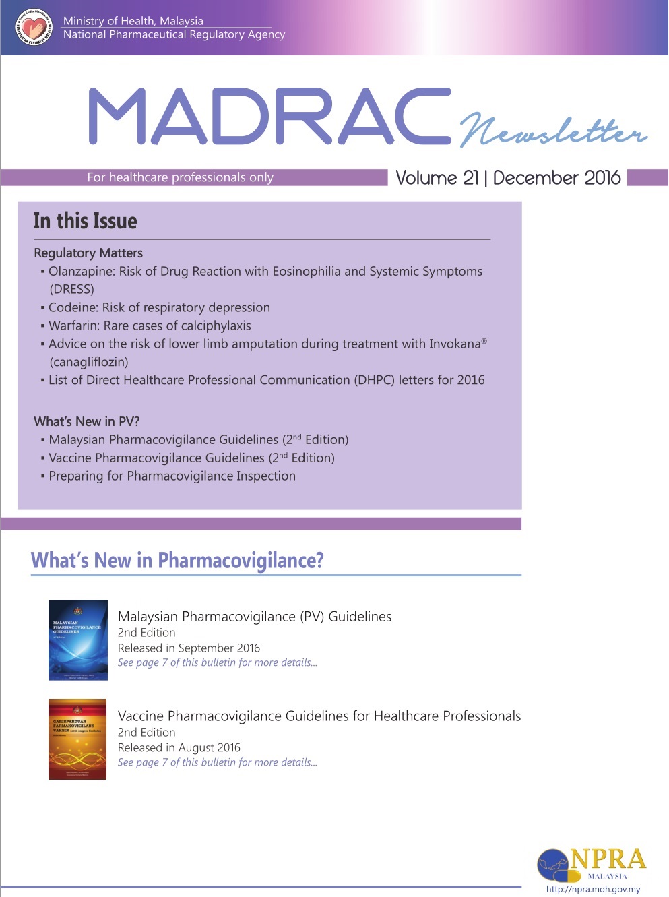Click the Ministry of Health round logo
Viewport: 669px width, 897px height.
coord(33,28)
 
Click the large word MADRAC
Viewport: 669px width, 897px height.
coord(269,116)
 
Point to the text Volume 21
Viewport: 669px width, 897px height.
coord(437,178)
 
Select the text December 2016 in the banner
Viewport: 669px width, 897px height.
coord(556,178)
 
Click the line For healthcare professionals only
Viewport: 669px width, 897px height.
coord(180,177)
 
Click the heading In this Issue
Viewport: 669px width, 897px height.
coord(85,221)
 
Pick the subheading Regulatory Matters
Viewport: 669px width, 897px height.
coord(88,253)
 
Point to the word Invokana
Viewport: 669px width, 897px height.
coord(455,344)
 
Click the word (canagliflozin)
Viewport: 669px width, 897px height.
coord(89,362)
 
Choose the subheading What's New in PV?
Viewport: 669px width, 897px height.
coord(87,421)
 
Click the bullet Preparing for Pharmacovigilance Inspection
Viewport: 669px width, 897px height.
coord(172,476)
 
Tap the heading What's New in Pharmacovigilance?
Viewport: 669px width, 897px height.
coord(177,560)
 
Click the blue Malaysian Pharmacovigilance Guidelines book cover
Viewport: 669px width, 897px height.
coord(78,640)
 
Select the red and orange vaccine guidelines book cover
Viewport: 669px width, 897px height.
coord(77,739)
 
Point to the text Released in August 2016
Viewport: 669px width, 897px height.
coord(179,747)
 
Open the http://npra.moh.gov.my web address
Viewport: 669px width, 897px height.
coord(593,889)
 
